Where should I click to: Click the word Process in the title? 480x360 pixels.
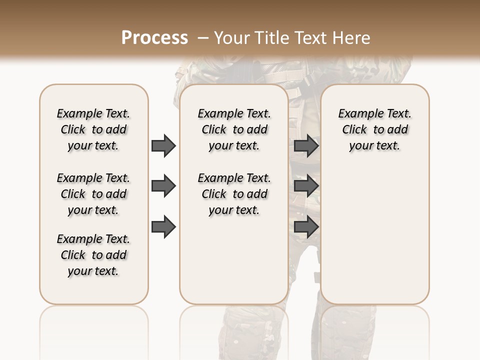pyautogui.click(x=154, y=38)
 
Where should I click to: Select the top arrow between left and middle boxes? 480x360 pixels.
pyautogui.click(x=163, y=145)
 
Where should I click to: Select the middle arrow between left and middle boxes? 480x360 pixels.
pyautogui.click(x=163, y=186)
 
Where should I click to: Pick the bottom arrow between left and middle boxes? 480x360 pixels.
pyautogui.click(x=163, y=227)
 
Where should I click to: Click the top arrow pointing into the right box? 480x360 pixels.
pyautogui.click(x=306, y=145)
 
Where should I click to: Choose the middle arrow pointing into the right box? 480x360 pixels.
pyautogui.click(x=306, y=186)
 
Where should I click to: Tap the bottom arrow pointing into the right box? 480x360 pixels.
pyautogui.click(x=306, y=227)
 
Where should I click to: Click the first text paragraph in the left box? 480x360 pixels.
pyautogui.click(x=93, y=129)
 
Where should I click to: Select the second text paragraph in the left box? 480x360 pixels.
pyautogui.click(x=93, y=194)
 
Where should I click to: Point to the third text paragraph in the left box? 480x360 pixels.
pyautogui.click(x=93, y=255)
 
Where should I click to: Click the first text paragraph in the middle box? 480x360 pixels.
pyautogui.click(x=234, y=129)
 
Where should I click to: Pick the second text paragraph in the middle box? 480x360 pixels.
pyautogui.click(x=234, y=194)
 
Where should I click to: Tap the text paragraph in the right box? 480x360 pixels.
pyautogui.click(x=374, y=129)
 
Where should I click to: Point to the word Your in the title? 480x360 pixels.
pyautogui.click(x=231, y=38)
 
